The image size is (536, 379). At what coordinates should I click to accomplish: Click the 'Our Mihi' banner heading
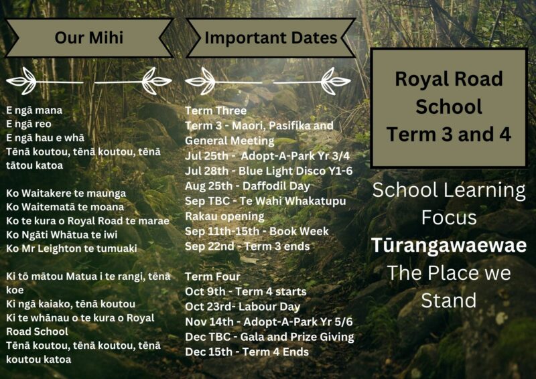[x=89, y=37]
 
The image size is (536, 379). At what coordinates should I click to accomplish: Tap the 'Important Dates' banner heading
[x=271, y=38]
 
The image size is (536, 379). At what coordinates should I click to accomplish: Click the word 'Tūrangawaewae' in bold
[x=449, y=245]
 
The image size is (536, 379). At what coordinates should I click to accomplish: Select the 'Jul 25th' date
[x=206, y=156]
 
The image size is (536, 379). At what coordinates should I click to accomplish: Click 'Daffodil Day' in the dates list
[x=276, y=186]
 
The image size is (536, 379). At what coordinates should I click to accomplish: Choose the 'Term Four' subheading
[x=212, y=277]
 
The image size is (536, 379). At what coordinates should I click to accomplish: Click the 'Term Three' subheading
[x=216, y=110]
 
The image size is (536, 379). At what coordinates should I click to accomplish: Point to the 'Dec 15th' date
[x=208, y=352]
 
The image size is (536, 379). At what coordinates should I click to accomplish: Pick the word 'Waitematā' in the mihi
[x=48, y=207]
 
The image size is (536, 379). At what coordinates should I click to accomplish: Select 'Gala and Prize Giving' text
[x=297, y=337]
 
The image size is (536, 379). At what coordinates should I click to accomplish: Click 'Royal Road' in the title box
[x=449, y=79]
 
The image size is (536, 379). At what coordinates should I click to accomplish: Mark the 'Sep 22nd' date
[x=210, y=246]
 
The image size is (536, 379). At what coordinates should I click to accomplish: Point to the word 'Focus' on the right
[x=449, y=218]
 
